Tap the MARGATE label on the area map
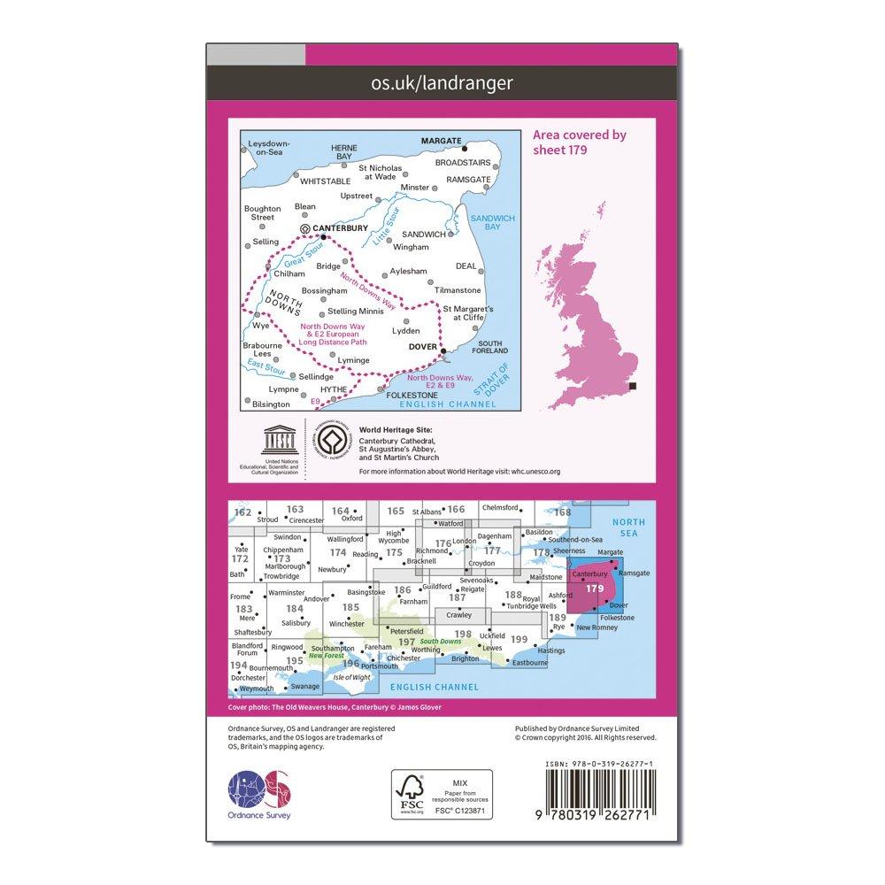coord(440,141)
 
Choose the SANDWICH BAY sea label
coord(486,221)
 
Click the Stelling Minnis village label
coord(356,312)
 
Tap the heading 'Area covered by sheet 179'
coord(580,142)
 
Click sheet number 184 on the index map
coord(294,609)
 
